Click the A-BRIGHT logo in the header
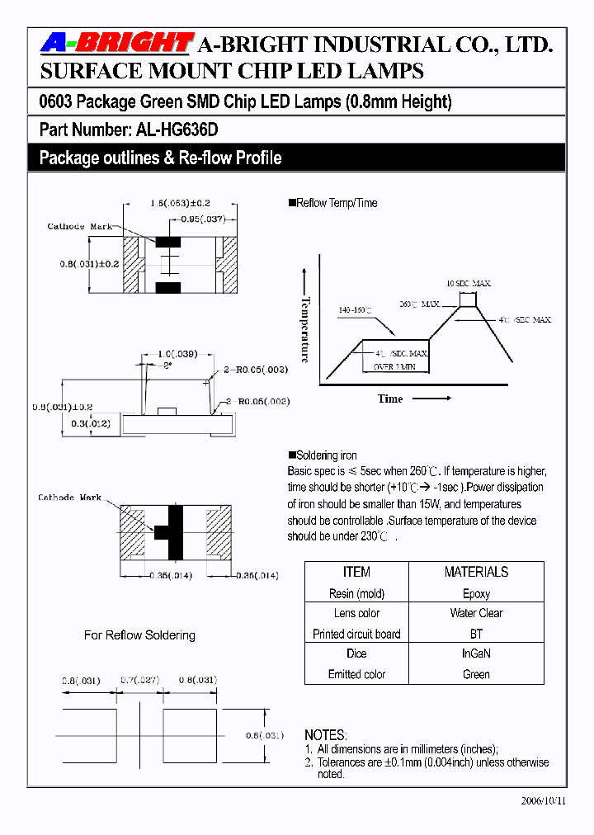117,43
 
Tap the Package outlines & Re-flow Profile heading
160,158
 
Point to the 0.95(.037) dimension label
200,219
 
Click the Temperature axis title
305,329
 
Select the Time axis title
390,399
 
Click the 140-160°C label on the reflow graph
355,310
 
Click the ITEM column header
356,572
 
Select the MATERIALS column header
476,572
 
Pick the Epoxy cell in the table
476,593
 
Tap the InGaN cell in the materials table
476,653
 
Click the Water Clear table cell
476,613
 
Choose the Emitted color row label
356,674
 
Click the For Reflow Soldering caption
139,635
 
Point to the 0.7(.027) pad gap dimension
139,681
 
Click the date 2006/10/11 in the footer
544,801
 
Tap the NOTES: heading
326,734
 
